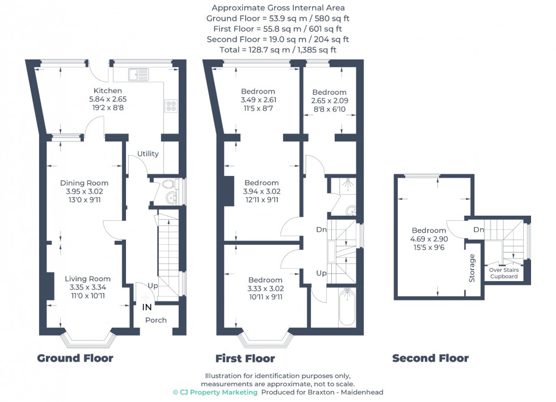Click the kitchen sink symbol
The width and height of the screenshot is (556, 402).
(x=138, y=73)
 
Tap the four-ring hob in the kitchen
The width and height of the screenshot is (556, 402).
(x=171, y=106)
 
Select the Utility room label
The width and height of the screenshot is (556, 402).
(x=148, y=154)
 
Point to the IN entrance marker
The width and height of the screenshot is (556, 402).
(x=146, y=307)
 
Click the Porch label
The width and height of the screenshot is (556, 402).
(x=156, y=320)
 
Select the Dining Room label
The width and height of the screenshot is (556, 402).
(x=85, y=183)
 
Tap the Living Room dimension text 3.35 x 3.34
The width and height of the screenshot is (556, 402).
(x=87, y=287)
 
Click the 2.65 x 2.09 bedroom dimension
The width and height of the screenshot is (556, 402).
(x=329, y=101)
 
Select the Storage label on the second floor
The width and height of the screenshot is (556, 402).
(x=472, y=268)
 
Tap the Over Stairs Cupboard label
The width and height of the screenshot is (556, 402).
(x=503, y=273)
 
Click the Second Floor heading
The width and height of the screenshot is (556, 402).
(x=430, y=358)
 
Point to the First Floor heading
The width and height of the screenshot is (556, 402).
(x=245, y=358)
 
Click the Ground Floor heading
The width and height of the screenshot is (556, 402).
(x=75, y=358)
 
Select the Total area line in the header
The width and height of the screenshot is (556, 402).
(x=277, y=50)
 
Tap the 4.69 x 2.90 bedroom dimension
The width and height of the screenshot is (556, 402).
(x=429, y=239)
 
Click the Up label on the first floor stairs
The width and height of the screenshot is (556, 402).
(x=321, y=273)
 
